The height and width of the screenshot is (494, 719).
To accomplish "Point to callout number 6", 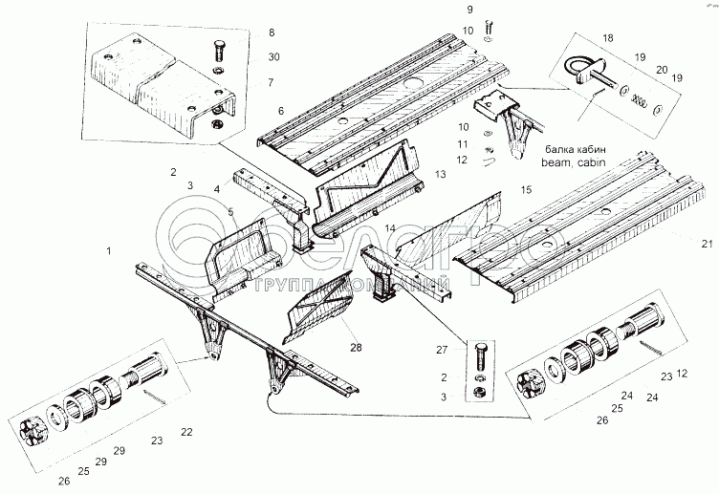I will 281,111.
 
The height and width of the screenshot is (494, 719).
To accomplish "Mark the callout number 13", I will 440,175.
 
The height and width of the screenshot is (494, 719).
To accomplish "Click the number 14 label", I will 390,229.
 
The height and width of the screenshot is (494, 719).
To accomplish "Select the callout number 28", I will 356,347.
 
